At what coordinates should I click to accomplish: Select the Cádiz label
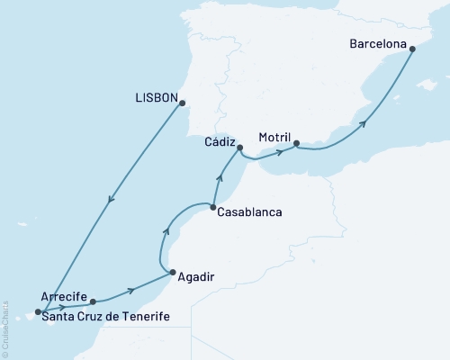coord(220,141)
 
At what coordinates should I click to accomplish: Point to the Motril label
coord(275,138)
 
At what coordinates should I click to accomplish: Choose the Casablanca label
coord(250,212)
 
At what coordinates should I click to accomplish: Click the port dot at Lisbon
coord(183,103)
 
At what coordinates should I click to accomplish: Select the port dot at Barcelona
coord(412,49)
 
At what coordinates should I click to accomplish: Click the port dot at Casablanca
coord(212,209)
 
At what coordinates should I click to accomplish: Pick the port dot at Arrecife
coord(93,302)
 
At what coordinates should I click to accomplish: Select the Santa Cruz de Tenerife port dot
coord(38,313)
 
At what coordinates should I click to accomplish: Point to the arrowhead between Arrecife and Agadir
coord(131,290)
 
